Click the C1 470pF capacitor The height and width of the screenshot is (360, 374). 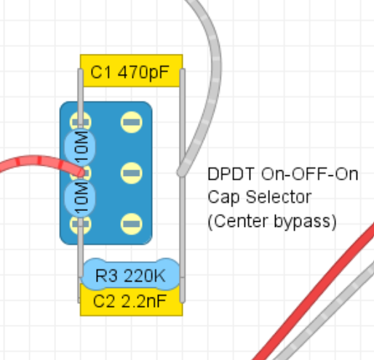click(131, 71)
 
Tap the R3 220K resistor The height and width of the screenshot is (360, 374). click(131, 275)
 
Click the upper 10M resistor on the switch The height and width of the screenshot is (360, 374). click(80, 147)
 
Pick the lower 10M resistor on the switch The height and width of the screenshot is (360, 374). click(80, 198)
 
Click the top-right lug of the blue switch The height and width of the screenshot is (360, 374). click(131, 122)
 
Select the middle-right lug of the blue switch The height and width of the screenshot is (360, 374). click(131, 173)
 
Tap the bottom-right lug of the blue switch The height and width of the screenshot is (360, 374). click(131, 224)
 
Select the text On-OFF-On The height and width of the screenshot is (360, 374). click(309, 174)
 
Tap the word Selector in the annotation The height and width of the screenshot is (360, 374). click(279, 197)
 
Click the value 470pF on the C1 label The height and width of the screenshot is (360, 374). click(143, 72)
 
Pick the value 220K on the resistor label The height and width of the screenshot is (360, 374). click(145, 276)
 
